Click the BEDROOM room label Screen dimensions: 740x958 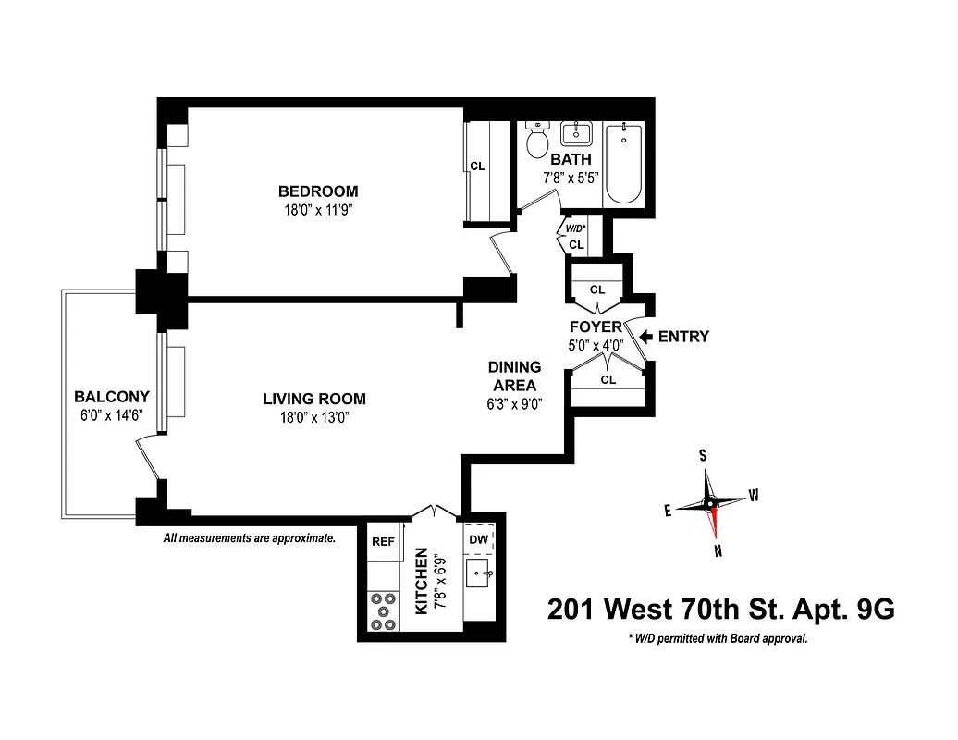pos(318,191)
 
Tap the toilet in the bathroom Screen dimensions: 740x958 pos(537,141)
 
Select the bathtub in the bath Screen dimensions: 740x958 pos(626,164)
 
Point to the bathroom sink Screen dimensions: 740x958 pos(576,133)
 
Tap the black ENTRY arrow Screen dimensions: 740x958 pos(645,337)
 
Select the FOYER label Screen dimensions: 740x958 pos(596,327)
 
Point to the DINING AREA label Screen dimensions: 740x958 pos(514,376)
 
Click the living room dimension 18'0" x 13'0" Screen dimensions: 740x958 pos(314,417)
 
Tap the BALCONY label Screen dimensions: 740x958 pos(112,397)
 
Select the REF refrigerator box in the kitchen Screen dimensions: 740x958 pos(383,543)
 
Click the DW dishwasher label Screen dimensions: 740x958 pos(479,538)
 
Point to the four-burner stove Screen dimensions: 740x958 pos(382,611)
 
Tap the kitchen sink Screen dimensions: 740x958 pos(478,574)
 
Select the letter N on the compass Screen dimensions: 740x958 pos(718,551)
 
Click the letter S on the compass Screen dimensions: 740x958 pos(703,455)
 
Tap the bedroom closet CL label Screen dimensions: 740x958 pos(477,166)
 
